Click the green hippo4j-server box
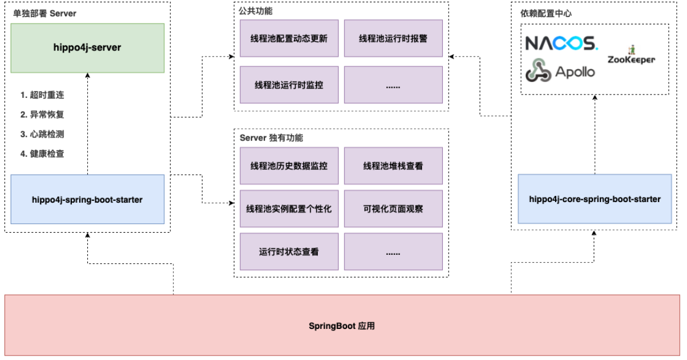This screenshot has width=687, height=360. point(88,48)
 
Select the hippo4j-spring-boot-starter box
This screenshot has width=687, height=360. point(88,199)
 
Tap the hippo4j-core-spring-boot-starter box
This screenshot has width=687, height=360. point(595,199)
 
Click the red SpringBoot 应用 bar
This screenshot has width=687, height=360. point(342,325)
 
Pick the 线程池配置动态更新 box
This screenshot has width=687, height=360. point(289,38)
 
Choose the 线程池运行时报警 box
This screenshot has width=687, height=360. point(393,38)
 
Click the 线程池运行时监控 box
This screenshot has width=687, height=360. point(289,84)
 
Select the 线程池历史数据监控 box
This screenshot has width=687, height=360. point(289,166)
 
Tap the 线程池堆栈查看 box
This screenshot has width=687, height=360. point(393,166)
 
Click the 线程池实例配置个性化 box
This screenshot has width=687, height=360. point(289,208)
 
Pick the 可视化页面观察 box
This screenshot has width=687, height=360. point(393,208)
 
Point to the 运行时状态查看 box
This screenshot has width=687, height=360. point(289,251)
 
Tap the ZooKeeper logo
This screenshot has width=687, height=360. point(631,57)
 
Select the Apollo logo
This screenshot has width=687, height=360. point(561,71)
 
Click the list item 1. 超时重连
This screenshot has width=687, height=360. point(42,95)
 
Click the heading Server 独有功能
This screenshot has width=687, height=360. point(271,138)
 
